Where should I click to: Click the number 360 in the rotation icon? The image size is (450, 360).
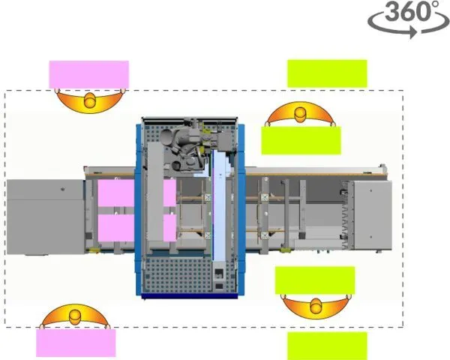[x=407, y=11]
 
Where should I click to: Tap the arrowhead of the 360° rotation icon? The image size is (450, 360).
[x=413, y=31]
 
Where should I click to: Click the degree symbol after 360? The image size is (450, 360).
[x=435, y=4]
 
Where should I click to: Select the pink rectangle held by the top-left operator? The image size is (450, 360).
[x=89, y=74]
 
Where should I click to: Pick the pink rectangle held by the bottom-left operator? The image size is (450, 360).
[x=76, y=343]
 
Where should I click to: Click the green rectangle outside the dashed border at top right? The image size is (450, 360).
[x=327, y=73]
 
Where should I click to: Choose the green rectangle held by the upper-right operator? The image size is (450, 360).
[x=301, y=140]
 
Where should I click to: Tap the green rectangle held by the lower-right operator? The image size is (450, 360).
[x=315, y=280]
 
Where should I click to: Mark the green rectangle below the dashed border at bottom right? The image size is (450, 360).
[x=327, y=346]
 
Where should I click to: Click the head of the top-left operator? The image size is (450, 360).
[x=90, y=100]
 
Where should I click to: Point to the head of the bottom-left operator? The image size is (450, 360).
[x=76, y=316]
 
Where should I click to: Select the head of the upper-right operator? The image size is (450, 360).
[x=301, y=115]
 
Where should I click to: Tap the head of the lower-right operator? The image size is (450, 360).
[x=316, y=306]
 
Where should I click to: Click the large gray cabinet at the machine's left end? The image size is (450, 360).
[x=46, y=217]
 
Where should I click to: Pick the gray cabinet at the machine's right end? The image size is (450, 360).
[x=373, y=215]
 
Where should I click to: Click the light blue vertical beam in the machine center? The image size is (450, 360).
[x=219, y=205]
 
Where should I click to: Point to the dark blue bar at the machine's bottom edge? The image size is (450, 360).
[x=190, y=296]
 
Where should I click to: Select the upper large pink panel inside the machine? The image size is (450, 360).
[x=116, y=193]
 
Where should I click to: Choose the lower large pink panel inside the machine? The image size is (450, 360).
[x=116, y=228]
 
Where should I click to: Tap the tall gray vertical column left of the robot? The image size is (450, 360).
[x=155, y=192]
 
